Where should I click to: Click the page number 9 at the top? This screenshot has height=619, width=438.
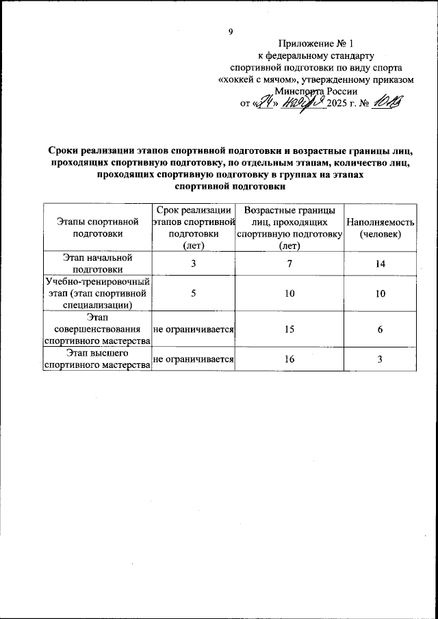coord(231,31)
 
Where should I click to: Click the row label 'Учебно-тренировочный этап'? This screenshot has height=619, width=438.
coord(97,293)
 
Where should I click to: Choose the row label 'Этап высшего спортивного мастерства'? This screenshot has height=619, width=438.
coord(97,359)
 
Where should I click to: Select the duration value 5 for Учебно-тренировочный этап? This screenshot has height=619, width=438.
coord(194,293)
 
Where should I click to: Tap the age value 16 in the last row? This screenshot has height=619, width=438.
coord(289,359)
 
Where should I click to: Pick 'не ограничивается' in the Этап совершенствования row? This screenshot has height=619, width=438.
coord(194,329)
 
